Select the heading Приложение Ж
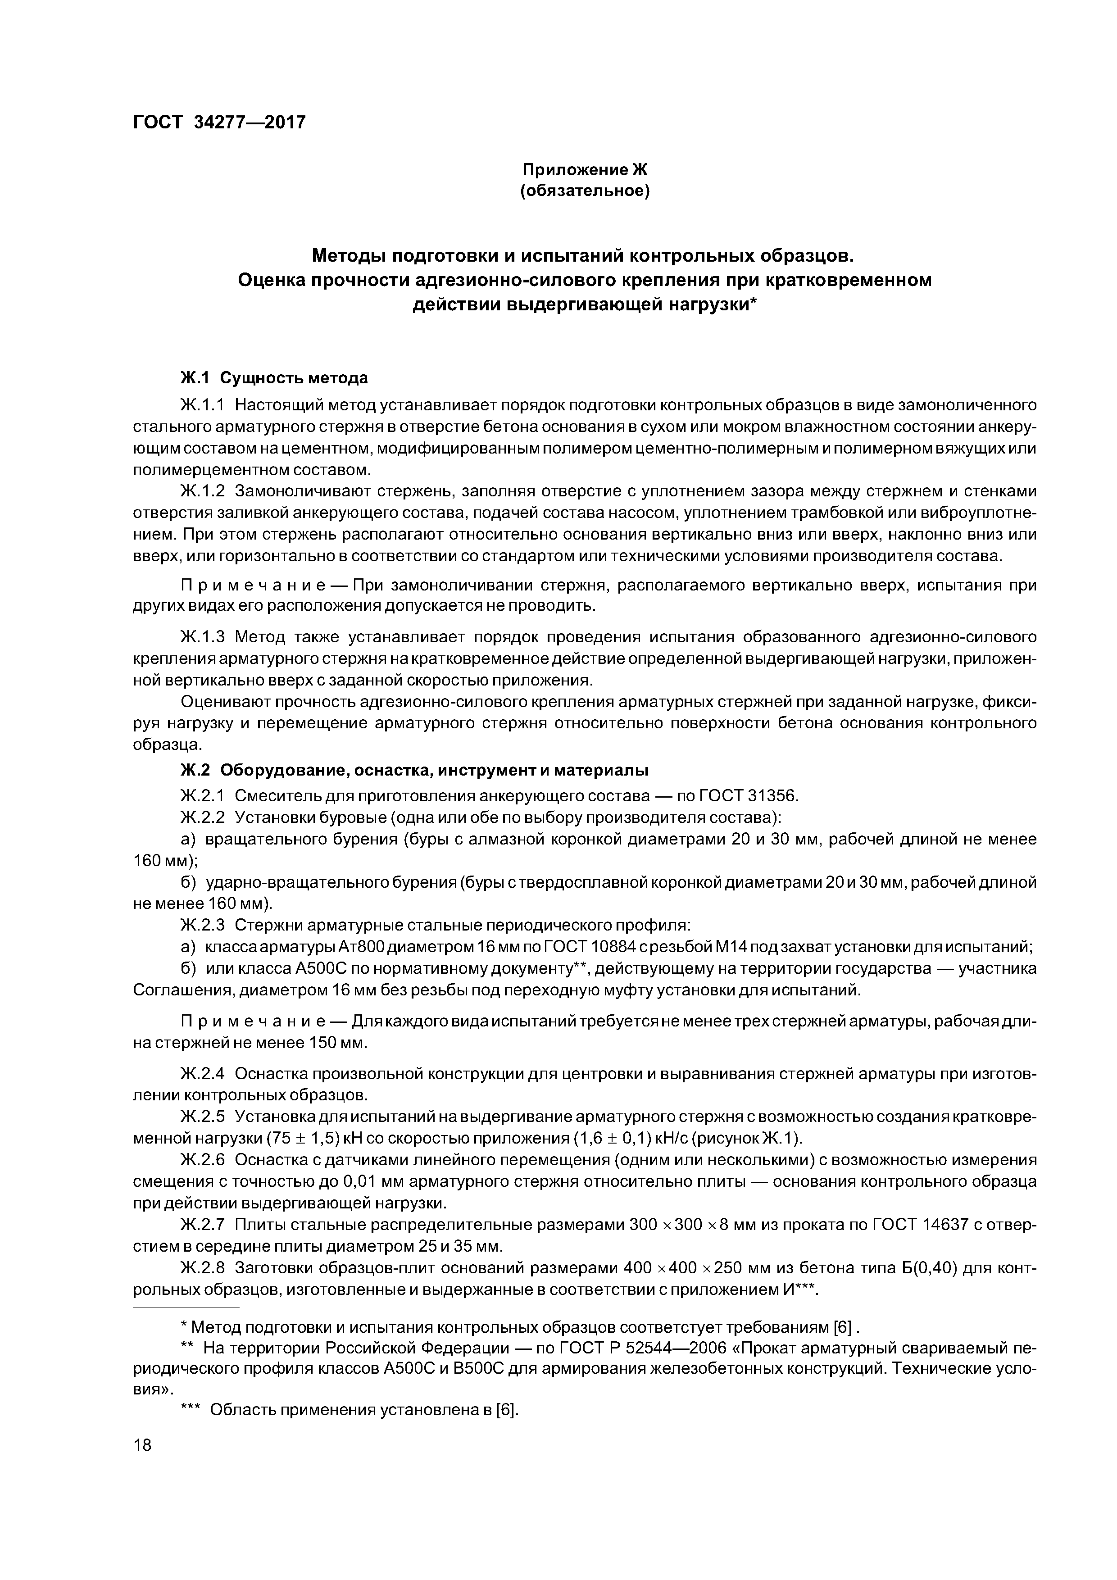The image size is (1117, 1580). [x=585, y=168]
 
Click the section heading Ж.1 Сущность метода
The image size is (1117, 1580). [x=273, y=378]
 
